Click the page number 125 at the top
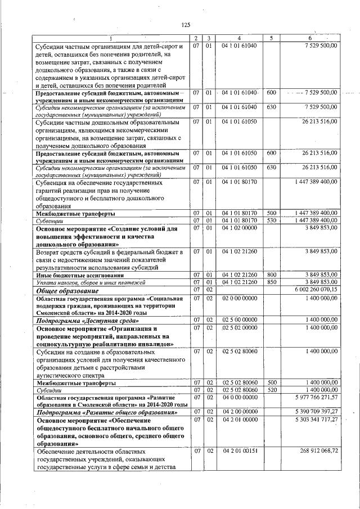coord(187,24)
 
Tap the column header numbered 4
coord(239,38)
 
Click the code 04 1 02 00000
coord(239,228)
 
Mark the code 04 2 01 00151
coord(239,451)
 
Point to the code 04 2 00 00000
coord(239,412)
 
